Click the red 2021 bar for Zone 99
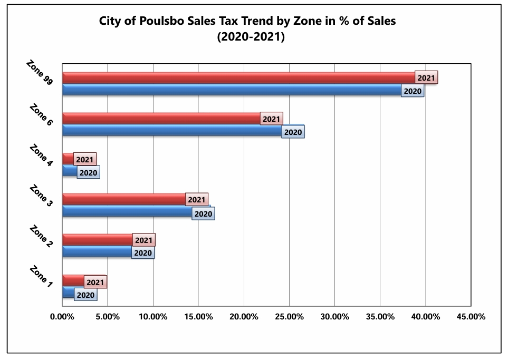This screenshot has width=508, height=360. coord(239,78)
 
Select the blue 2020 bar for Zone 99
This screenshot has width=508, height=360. coord(232,90)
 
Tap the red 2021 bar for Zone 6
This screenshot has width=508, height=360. coord(161,119)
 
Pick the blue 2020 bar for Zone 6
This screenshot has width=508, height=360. coord(172,130)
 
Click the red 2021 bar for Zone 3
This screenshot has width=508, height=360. coord(124,199)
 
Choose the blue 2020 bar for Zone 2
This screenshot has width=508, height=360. coord(97,251)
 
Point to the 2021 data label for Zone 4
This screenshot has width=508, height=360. coord(85,159)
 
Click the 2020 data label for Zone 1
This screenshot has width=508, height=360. coord(85,295)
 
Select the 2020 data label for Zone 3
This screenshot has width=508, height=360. coord(203,213)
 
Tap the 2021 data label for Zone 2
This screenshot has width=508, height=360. coord(144,240)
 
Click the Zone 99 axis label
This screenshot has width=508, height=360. coord(40,73)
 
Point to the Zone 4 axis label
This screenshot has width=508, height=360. coord(41,155)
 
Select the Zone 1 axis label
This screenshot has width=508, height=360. coord(41,277)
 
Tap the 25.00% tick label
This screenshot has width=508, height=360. coord(289,316)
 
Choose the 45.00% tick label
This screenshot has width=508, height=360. coord(471,316)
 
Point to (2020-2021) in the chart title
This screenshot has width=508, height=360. coord(251,36)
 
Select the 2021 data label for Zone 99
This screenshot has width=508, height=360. coord(426,77)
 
